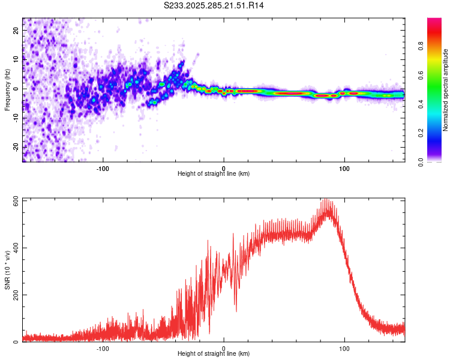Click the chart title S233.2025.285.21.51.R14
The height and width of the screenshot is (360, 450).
pyautogui.click(x=214, y=5)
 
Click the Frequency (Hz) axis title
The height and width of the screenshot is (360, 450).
pyautogui.click(x=7, y=89)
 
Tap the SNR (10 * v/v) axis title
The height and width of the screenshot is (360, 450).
pyautogui.click(x=7, y=269)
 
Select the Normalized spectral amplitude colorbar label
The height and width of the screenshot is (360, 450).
pyautogui.click(x=446, y=90)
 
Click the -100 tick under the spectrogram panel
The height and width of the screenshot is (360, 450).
pyautogui.click(x=103, y=168)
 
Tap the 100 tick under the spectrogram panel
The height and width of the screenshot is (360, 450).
pyautogui.click(x=344, y=168)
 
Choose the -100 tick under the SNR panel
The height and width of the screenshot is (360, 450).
pyautogui.click(x=103, y=348)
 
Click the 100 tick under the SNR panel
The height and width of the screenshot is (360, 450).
pyautogui.click(x=344, y=348)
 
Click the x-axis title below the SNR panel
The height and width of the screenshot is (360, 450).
pyautogui.click(x=214, y=354)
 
